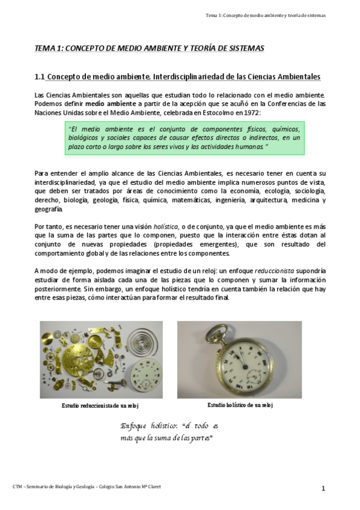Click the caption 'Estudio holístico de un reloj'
[x=240, y=405]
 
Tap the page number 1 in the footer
[x=323, y=488]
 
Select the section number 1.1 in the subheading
[x=40, y=77]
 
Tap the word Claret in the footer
[x=153, y=486]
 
